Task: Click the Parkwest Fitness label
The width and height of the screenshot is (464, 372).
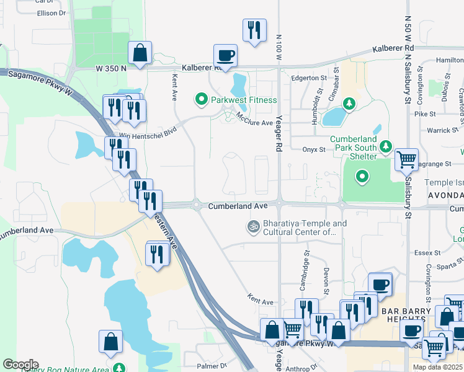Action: [244, 99]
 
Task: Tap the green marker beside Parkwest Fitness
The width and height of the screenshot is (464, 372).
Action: [201, 99]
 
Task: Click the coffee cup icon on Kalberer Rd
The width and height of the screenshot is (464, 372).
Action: [225, 55]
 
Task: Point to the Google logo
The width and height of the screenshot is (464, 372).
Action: [20, 365]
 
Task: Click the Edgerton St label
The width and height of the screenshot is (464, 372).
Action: [308, 78]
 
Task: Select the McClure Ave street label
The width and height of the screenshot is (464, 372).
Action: [254, 123]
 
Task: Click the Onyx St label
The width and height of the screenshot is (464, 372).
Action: [314, 149]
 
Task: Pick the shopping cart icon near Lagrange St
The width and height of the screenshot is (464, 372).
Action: [406, 159]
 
